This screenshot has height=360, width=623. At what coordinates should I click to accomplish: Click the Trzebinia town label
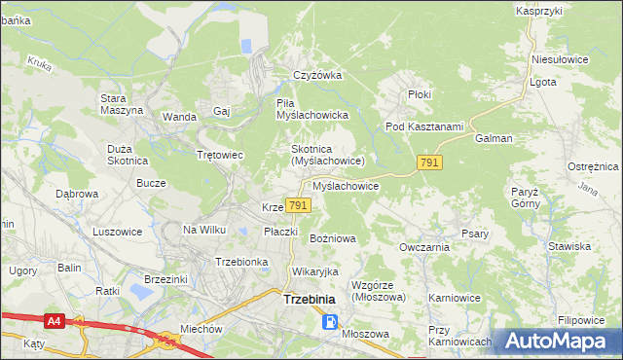(310, 300)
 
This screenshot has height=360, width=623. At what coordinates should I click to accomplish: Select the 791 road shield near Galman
(429, 162)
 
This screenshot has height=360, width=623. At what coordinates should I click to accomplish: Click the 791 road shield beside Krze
(299, 205)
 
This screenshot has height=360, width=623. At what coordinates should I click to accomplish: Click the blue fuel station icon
(332, 322)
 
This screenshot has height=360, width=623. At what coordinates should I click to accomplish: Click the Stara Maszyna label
(122, 104)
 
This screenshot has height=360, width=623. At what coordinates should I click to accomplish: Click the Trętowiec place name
(219, 155)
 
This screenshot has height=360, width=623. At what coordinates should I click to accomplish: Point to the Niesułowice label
(560, 59)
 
